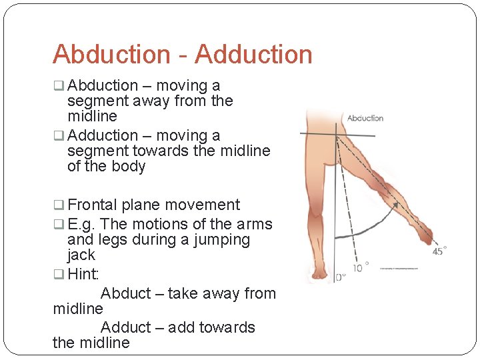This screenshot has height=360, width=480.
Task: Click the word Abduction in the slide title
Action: (111, 55)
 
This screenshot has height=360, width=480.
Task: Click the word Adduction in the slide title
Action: (253, 55)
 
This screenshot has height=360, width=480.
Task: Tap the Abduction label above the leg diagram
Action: (365, 118)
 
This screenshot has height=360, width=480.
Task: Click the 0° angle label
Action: (339, 276)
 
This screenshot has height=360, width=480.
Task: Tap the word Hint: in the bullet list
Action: (83, 274)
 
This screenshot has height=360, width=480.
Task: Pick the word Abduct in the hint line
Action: (126, 293)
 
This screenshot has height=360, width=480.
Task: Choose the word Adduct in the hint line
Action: (126, 327)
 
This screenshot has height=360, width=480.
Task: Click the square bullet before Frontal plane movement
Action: (59, 205)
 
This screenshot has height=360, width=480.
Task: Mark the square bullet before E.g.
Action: (59, 225)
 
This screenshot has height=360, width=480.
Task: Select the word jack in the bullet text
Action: (81, 255)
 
